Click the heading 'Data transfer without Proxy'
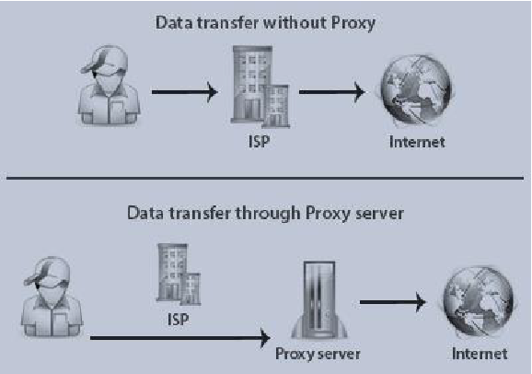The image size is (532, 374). (x=265, y=23)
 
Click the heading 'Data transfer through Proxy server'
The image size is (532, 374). (x=265, y=214)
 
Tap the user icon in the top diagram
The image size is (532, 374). (x=109, y=85)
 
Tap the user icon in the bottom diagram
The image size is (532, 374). (x=52, y=297)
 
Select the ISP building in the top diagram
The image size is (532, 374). (x=260, y=87)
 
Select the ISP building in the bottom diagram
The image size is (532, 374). (x=179, y=275)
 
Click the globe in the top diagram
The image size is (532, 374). (x=417, y=91)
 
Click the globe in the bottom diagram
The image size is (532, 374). (x=479, y=301)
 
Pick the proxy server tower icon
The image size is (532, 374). (x=319, y=299)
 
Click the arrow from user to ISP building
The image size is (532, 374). (x=185, y=92)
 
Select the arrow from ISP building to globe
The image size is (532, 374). (x=332, y=92)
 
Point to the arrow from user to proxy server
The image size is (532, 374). (x=180, y=338)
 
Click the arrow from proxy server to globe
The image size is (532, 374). (x=393, y=302)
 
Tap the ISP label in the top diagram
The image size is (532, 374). (x=260, y=141)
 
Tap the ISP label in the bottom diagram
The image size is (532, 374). (x=179, y=320)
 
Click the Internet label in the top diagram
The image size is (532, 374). (x=417, y=142)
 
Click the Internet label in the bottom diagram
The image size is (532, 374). (x=480, y=354)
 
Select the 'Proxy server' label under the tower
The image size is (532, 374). (x=318, y=355)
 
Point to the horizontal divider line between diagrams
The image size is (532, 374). (x=265, y=178)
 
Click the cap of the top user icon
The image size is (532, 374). (x=105, y=60)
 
